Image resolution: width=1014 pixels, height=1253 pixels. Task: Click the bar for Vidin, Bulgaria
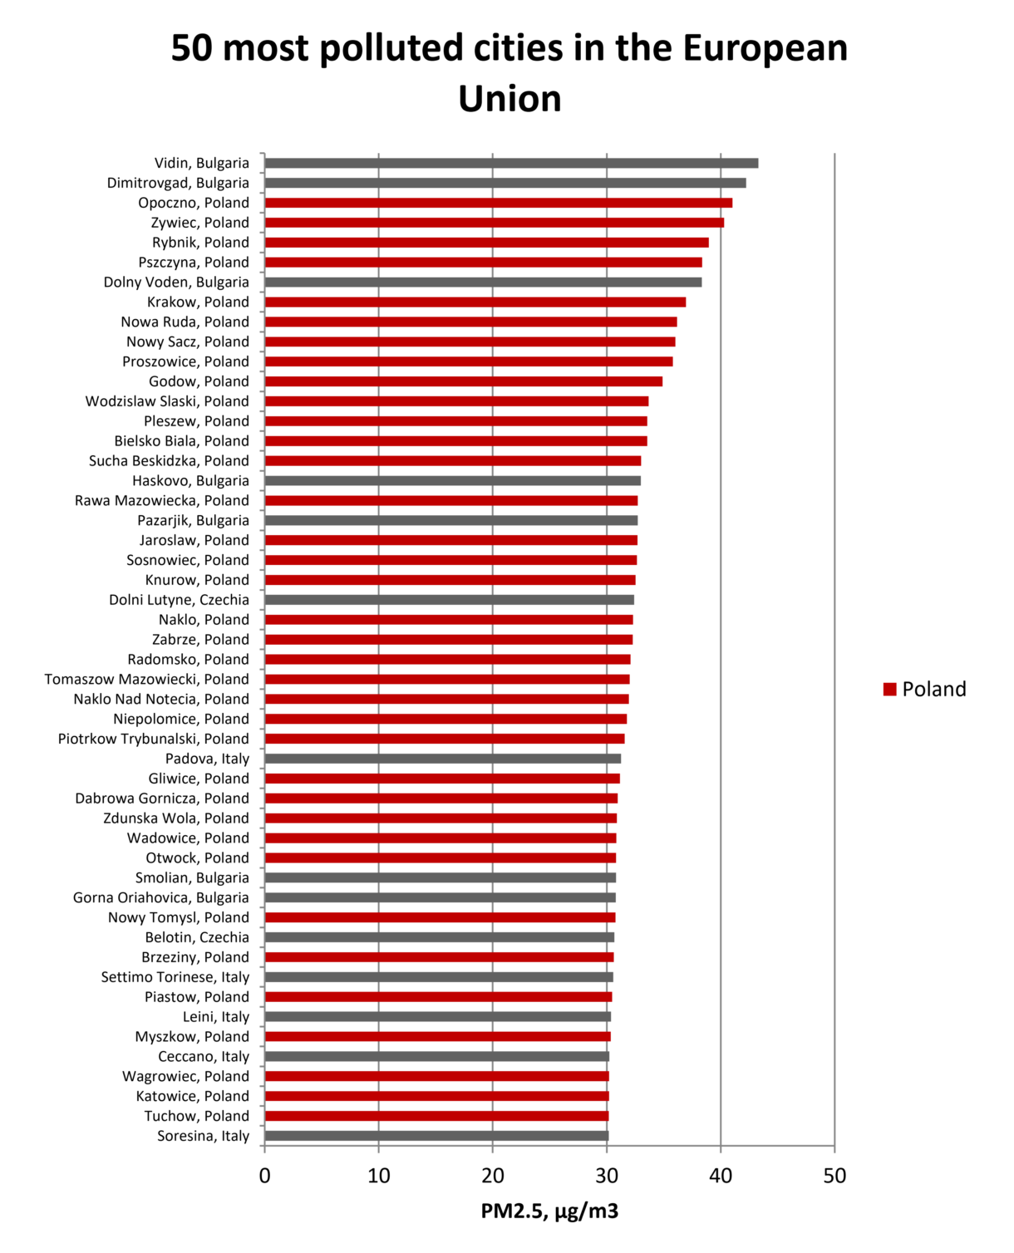click(511, 163)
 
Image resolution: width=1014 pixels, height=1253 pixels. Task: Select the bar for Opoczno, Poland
click(498, 203)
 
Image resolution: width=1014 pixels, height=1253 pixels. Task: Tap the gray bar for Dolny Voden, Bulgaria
click(483, 283)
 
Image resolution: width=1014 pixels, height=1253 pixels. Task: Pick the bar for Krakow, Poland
click(475, 302)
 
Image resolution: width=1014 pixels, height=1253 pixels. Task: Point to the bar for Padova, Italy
click(442, 759)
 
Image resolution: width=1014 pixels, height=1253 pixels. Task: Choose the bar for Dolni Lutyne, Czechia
click(449, 600)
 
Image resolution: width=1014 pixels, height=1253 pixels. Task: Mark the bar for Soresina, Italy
click(436, 1136)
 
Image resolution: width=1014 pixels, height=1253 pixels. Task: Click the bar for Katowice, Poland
click(436, 1096)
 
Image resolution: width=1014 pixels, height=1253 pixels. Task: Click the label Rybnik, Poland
click(200, 243)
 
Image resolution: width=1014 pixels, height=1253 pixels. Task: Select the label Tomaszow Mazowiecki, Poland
click(146, 680)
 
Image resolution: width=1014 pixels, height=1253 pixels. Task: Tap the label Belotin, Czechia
click(197, 937)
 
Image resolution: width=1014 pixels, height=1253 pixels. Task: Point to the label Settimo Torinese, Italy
click(175, 977)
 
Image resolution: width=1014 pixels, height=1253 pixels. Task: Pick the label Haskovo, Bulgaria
click(190, 481)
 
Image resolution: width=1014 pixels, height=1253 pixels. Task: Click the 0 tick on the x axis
click(265, 1176)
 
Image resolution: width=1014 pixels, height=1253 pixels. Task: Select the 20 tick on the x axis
click(493, 1176)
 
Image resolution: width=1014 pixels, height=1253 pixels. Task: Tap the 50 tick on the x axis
click(834, 1176)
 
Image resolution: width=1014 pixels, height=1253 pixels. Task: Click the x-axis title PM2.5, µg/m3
click(549, 1211)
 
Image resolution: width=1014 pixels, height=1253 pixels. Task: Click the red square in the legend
click(889, 690)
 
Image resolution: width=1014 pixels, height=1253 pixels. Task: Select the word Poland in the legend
click(934, 690)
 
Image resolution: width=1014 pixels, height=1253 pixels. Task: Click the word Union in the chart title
click(509, 99)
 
